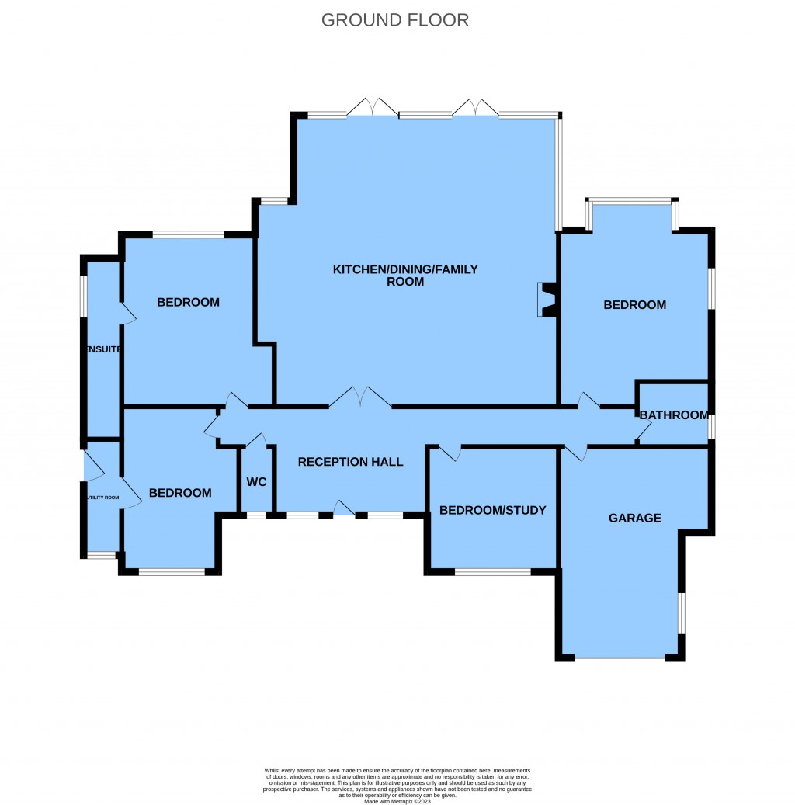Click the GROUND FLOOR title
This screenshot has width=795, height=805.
tap(395, 20)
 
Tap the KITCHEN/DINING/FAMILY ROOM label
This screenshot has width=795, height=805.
tap(405, 276)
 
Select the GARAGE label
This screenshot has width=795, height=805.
tap(634, 518)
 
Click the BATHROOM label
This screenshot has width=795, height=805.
tap(674, 415)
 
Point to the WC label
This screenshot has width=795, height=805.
tap(256, 482)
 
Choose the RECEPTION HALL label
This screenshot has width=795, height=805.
tap(350, 462)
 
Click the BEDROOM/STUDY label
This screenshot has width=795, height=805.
tap(492, 510)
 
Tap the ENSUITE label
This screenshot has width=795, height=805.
tap(103, 349)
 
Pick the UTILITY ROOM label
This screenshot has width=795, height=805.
tap(102, 498)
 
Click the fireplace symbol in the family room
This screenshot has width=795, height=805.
tap(548, 300)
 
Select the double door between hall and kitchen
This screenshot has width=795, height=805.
tap(359, 397)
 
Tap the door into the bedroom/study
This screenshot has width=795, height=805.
tap(450, 453)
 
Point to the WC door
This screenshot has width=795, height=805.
tap(256, 441)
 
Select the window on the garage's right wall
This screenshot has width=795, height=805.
tap(682, 613)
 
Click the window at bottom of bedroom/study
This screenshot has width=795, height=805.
tap(492, 573)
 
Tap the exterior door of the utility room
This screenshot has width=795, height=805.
tap(92, 466)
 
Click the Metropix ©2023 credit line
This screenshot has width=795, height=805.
tap(397, 801)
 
